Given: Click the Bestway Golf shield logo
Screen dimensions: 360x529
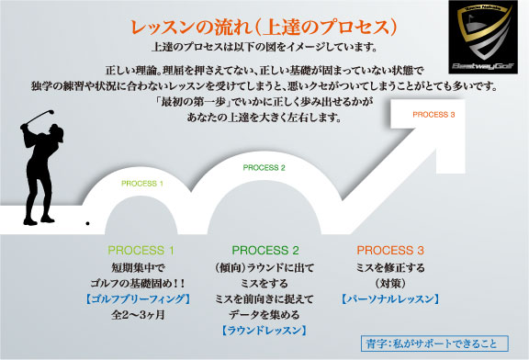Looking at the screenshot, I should (477, 36).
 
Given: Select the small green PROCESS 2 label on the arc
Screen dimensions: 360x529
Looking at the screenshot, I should (264, 168).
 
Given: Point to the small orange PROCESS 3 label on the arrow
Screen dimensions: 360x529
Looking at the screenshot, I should (434, 114).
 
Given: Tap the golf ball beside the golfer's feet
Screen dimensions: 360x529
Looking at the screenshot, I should (86, 223).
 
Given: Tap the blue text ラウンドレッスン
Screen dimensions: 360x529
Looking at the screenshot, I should (264, 331).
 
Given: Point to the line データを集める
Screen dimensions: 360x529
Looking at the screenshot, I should (264, 314).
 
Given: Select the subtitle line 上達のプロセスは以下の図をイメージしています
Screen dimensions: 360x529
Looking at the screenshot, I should (264, 47).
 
